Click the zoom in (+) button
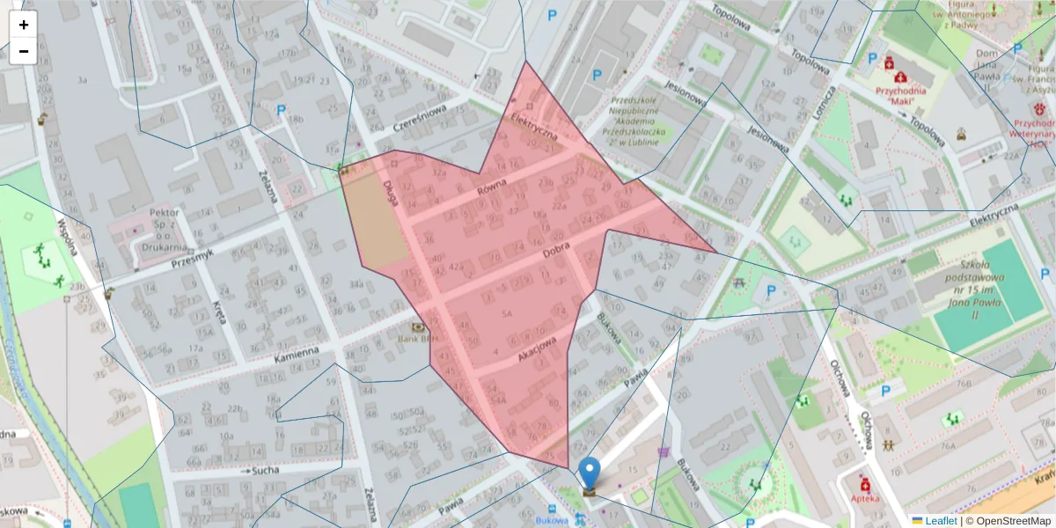24,25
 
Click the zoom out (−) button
24,51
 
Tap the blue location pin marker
590,473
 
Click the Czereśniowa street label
421,121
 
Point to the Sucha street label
265,472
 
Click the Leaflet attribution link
939,521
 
